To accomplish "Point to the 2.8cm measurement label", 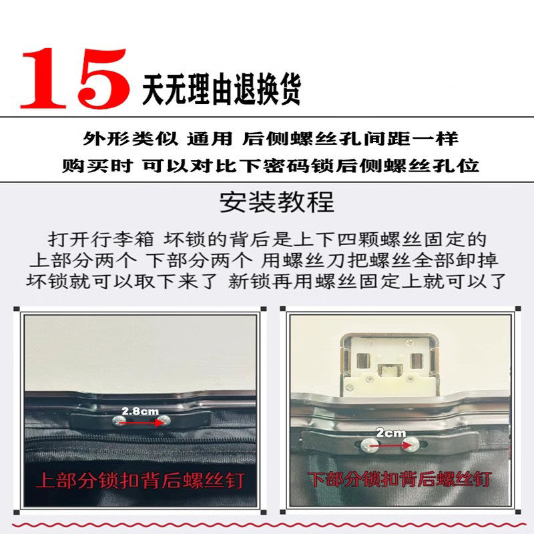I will (x=140, y=411).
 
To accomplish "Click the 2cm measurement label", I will (x=390, y=433).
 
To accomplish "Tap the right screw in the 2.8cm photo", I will (x=164, y=421).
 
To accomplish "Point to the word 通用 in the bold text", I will (x=210, y=139).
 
